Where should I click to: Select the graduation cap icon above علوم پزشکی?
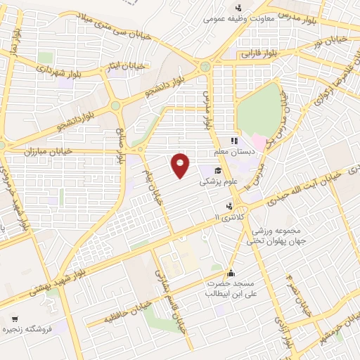[x=218, y=171]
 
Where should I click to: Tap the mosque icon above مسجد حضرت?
[x=230, y=273]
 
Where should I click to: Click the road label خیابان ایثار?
[x=129, y=65]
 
